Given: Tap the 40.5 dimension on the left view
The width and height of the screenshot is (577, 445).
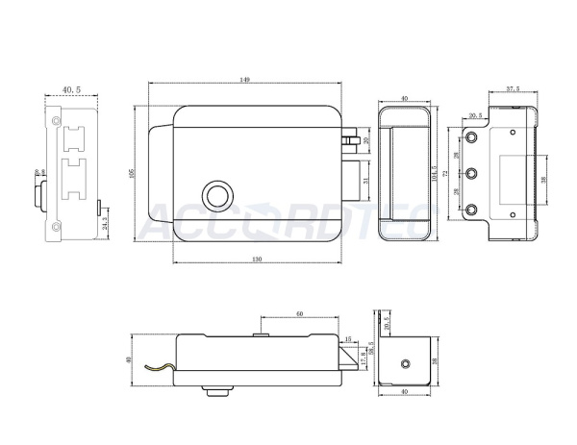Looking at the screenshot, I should [71, 89].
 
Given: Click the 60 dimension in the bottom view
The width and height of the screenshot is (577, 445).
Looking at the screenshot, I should [300, 313].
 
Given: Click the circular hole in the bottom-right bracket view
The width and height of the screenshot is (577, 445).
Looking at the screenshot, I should [406, 363].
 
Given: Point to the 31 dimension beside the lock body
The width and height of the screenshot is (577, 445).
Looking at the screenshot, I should [366, 179].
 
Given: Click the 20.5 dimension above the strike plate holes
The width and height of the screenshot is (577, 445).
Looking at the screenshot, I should [475, 115].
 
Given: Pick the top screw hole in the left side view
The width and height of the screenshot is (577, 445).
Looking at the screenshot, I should [56, 123].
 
